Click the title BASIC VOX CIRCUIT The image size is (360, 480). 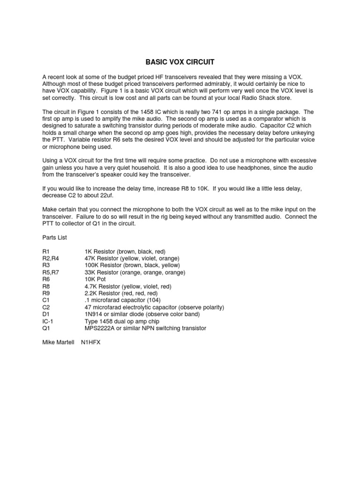tap(180, 61)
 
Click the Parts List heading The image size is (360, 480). tap(55, 238)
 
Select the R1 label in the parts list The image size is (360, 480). tap(46, 252)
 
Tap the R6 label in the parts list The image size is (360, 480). tap(46, 279)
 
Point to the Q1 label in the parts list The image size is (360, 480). tap(46, 329)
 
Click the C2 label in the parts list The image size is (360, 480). tap(46, 307)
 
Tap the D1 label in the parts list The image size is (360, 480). tap(46, 315)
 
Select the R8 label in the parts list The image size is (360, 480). tap(46, 286)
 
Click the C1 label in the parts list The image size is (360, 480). tap(46, 300)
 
